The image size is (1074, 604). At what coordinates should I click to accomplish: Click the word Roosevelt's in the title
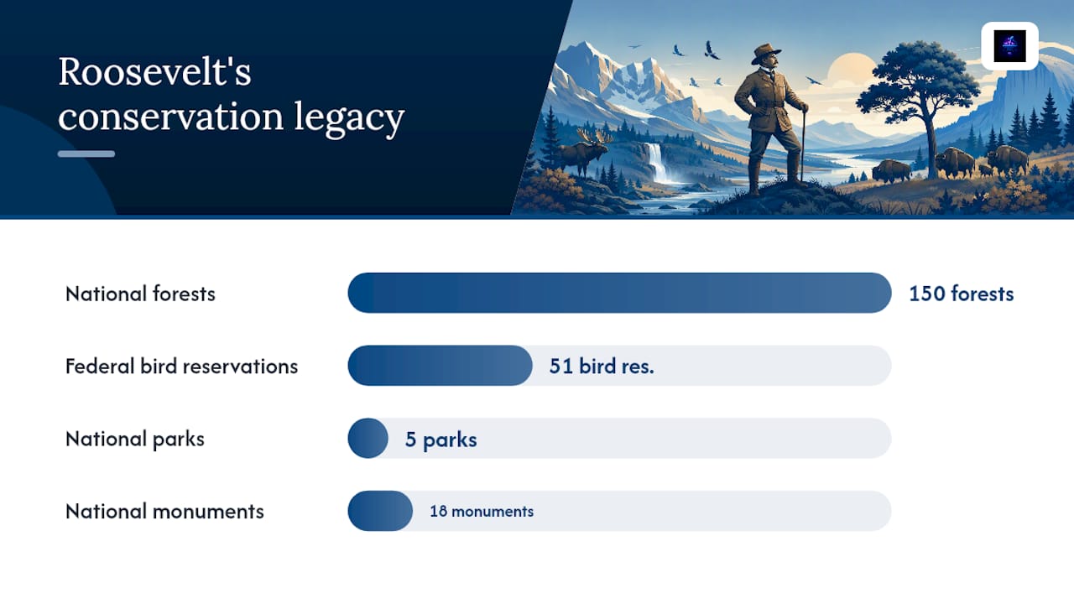tap(154, 72)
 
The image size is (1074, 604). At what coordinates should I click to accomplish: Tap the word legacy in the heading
tap(349, 117)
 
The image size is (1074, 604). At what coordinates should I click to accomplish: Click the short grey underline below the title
tap(86, 154)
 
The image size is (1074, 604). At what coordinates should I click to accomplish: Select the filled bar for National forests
tap(619, 293)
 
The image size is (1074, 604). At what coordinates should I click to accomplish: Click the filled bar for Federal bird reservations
tap(440, 365)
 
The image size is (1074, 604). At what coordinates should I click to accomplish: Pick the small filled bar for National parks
tap(368, 438)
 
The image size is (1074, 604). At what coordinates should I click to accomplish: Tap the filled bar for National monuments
tap(380, 511)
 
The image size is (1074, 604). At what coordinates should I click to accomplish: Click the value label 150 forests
tap(962, 294)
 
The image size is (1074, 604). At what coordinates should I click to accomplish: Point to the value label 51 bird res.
tap(602, 367)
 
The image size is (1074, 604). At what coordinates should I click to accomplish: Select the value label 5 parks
tap(441, 440)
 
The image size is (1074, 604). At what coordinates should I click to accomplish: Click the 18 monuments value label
tap(482, 512)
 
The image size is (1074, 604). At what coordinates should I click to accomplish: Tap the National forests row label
tap(140, 294)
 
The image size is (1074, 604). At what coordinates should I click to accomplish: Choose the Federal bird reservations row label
tap(181, 367)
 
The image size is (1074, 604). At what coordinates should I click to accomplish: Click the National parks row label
tap(135, 440)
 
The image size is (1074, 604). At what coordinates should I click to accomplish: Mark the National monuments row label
tap(164, 512)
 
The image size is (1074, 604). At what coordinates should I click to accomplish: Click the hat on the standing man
tap(765, 53)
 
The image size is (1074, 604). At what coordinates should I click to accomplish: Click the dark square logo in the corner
tap(1009, 46)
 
